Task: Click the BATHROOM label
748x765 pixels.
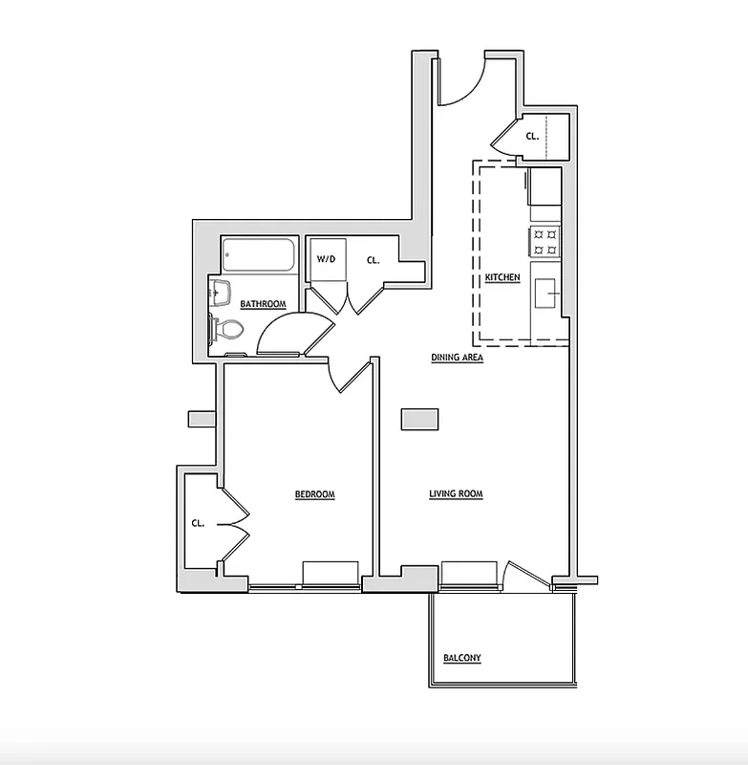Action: coord(263,304)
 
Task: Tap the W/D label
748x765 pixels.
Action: coord(326,259)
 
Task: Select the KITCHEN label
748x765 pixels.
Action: coord(502,277)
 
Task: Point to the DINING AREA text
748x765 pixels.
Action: coord(457,358)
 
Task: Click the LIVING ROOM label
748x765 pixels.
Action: coord(456,494)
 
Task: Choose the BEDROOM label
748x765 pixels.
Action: coord(314,494)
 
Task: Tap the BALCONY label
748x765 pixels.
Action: coord(461,658)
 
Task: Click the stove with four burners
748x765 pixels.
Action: coord(545,241)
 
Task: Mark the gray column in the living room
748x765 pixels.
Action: coord(420,419)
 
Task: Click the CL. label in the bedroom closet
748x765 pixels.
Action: coord(199,523)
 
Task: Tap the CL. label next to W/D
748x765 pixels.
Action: coord(374,259)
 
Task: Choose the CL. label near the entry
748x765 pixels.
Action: coord(532,136)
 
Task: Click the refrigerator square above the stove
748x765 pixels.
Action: coord(545,186)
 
